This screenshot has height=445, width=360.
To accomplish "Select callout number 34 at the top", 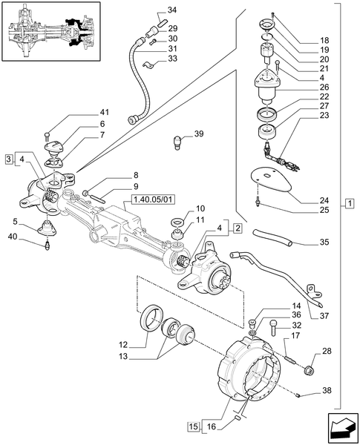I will click(172, 10).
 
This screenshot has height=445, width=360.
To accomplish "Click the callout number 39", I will click(198, 133).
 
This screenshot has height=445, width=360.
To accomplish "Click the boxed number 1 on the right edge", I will click(349, 203).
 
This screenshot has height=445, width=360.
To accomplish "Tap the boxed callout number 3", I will click(8, 159).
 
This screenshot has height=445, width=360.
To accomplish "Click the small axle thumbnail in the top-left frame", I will click(50, 33).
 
